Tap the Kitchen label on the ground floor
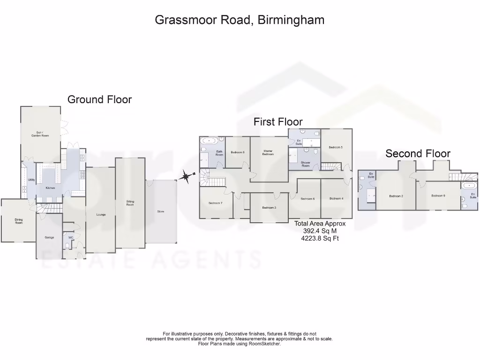tap(50, 188)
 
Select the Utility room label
tap(31, 180)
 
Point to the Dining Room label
tap(19, 221)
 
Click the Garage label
tap(49, 238)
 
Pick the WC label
tap(71, 238)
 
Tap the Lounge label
tap(101, 215)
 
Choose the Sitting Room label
tap(130, 203)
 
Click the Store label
tap(161, 211)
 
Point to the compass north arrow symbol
tap(186, 176)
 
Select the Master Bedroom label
tap(268, 152)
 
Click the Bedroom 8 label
tap(238, 152)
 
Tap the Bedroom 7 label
tap(215, 203)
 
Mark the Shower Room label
tap(306, 164)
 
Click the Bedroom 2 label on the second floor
tap(396, 196)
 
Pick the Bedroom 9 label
tap(438, 195)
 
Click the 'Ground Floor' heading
tap(99, 99)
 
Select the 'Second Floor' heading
tap(418, 153)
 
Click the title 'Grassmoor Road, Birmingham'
tap(240, 20)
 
